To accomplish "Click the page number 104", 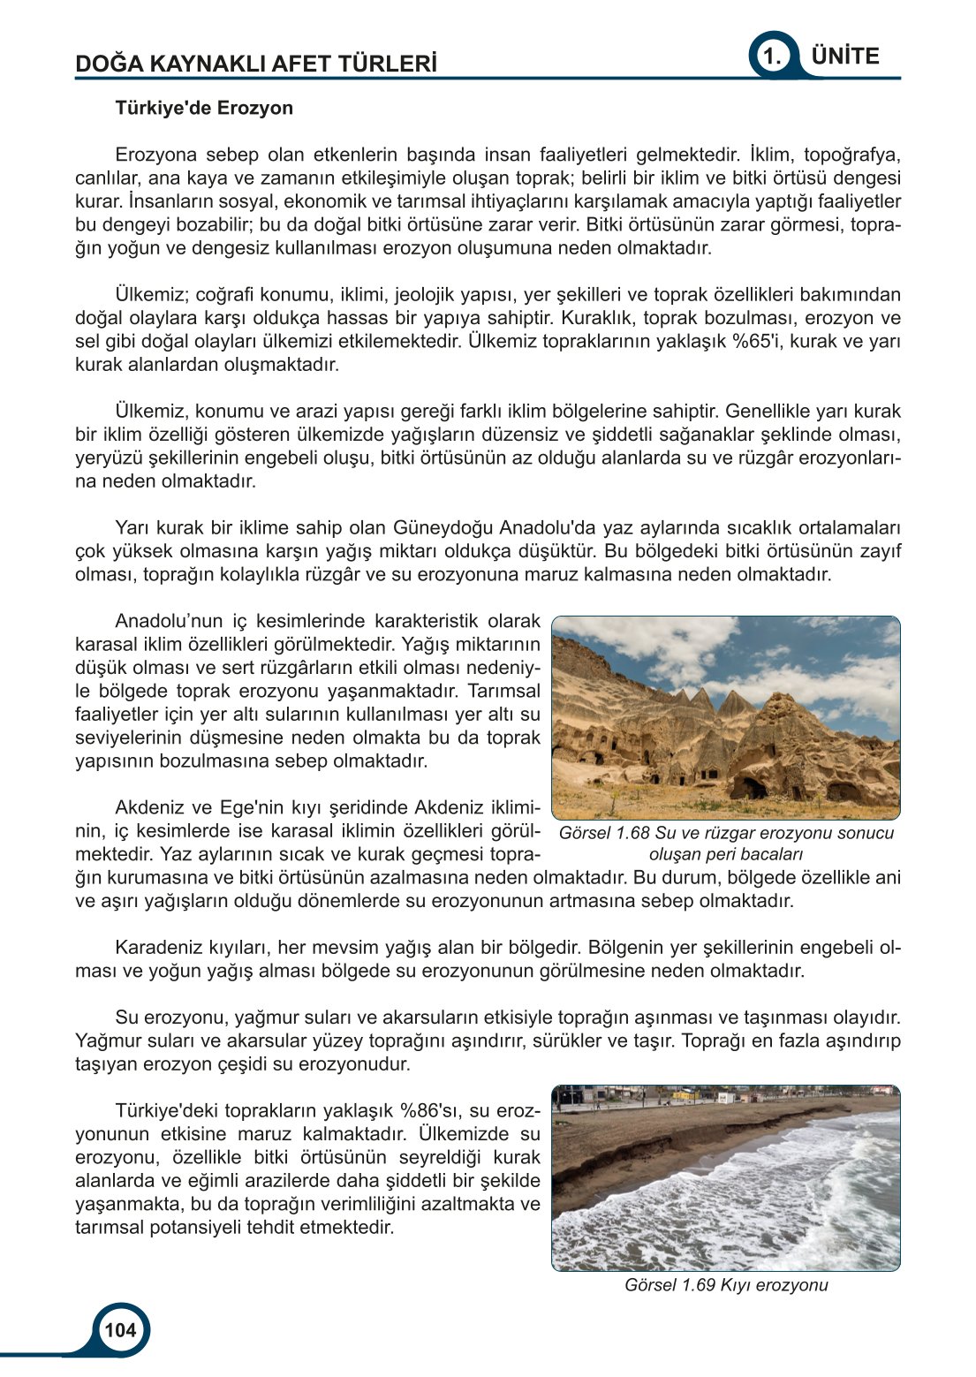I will (x=120, y=1329).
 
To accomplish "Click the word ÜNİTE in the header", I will (x=844, y=56).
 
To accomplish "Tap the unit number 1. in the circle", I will (x=773, y=57).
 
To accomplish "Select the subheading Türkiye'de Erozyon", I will (x=204, y=108).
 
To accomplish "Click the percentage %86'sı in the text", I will (x=432, y=1110).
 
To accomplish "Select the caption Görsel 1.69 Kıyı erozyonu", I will (x=726, y=1285).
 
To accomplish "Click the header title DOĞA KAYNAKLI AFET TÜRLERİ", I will (x=256, y=64).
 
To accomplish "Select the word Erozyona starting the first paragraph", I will (x=155, y=155).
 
